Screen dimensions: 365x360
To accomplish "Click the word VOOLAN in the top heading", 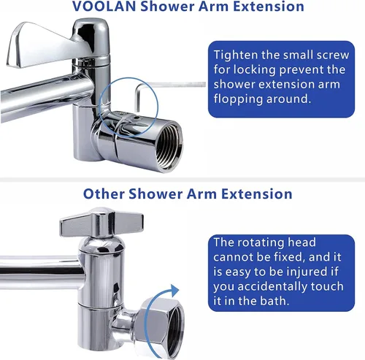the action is [104, 6].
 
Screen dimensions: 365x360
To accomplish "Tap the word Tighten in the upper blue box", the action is [236, 55].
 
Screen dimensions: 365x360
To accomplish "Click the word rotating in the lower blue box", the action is [261, 243].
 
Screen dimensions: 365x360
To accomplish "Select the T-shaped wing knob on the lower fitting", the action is [101, 222].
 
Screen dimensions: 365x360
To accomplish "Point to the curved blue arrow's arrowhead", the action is [174, 291].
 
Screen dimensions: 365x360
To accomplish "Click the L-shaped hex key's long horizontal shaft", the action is [171, 85].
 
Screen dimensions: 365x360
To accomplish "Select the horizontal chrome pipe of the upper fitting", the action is [46, 96].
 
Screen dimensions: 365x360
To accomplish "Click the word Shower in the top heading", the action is [167, 6].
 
